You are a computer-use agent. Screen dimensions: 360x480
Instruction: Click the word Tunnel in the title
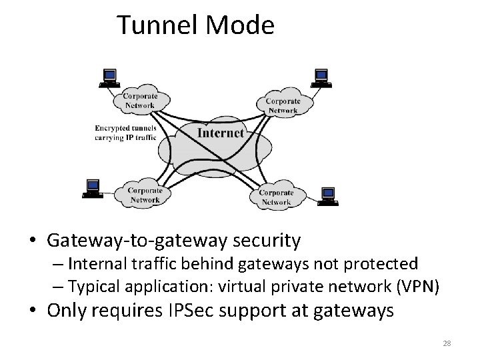(155, 25)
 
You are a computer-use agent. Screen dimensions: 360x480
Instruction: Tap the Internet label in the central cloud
(221, 133)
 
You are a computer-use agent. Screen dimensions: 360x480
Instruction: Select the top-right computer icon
(321, 78)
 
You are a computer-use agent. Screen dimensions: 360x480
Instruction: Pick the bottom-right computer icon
(327, 195)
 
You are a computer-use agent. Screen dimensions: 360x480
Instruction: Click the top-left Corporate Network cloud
(139, 101)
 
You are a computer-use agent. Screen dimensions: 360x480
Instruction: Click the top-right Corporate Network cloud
(283, 105)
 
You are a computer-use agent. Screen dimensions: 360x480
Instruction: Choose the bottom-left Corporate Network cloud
(143, 195)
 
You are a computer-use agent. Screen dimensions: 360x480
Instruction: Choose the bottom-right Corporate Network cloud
(275, 197)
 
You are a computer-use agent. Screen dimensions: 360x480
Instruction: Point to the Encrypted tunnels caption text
(125, 133)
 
